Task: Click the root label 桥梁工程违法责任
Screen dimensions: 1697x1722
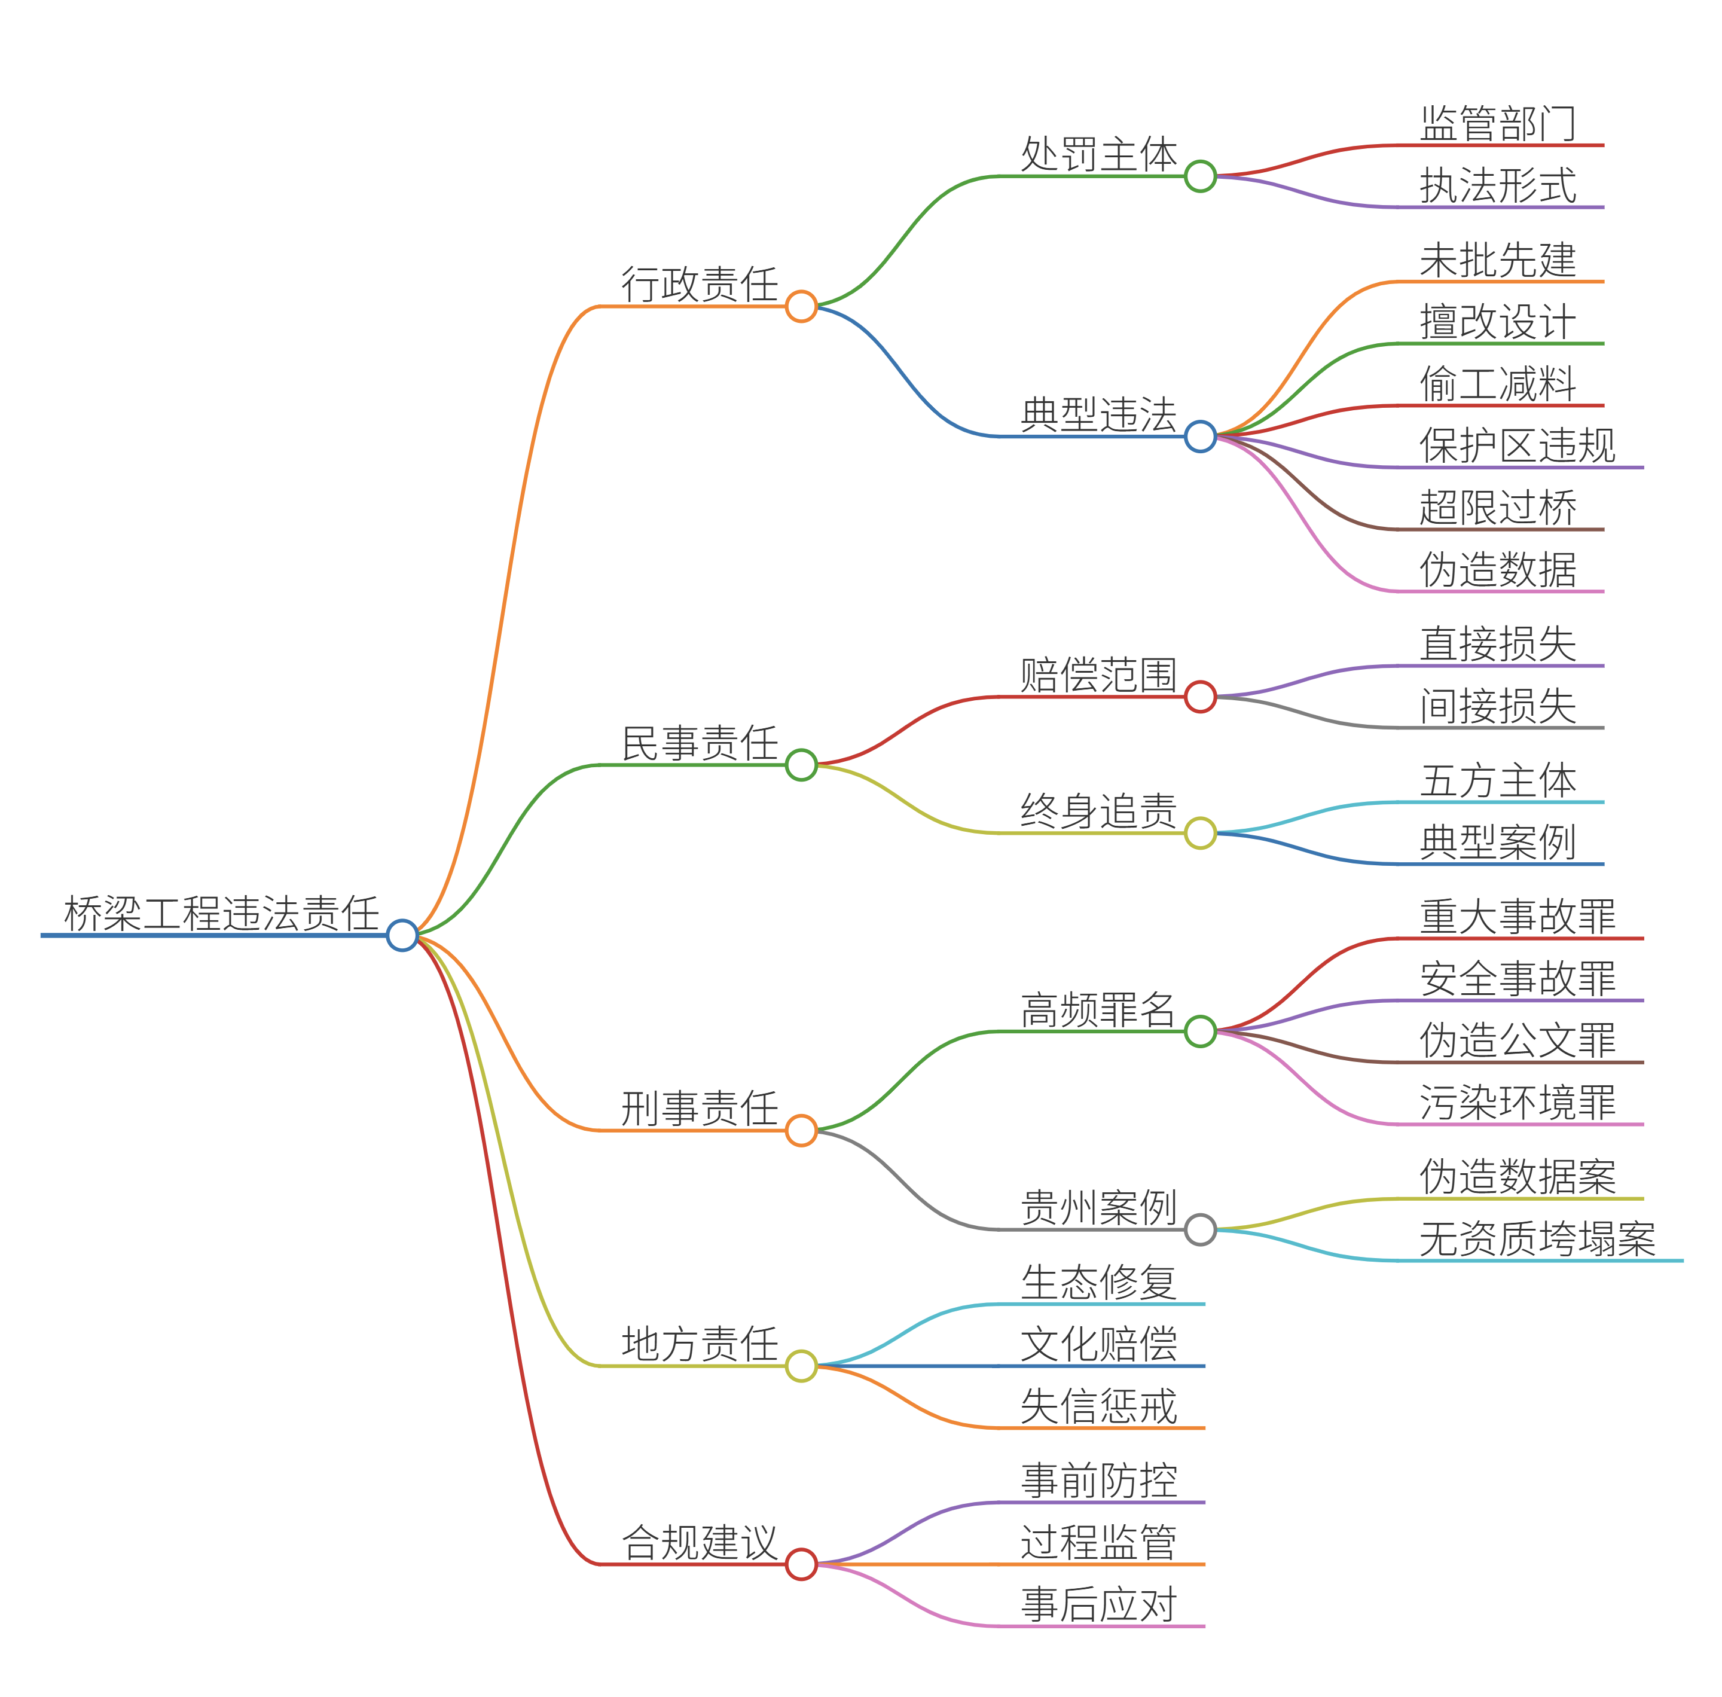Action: tap(221, 914)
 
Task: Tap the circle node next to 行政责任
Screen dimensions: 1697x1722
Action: tap(801, 307)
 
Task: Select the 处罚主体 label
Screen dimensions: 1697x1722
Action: tap(1098, 155)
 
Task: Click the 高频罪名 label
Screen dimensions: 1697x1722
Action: tap(1098, 1010)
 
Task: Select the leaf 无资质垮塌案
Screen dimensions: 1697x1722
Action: tap(1537, 1239)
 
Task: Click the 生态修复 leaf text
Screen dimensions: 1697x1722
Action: tap(1098, 1283)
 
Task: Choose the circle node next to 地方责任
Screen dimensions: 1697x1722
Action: tap(801, 1366)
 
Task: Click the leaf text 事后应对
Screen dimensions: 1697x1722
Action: tap(1098, 1604)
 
